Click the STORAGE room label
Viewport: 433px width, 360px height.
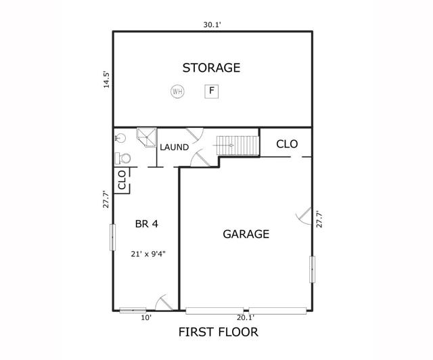212,68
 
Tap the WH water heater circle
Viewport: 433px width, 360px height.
177,91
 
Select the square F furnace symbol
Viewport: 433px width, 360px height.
212,90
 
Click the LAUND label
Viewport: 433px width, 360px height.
174,147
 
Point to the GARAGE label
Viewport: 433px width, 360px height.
246,234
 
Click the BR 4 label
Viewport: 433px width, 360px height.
147,223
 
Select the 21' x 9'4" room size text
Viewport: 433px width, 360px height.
149,254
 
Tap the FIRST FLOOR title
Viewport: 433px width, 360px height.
218,332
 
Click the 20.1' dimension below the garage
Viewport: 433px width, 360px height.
246,317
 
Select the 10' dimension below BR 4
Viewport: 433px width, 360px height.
145,317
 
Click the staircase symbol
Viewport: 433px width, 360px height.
237,145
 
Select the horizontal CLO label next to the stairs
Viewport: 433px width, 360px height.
287,144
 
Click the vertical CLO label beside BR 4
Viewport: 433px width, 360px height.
122,181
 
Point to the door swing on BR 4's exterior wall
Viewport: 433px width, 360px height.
162,304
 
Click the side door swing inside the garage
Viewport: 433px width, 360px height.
304,217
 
